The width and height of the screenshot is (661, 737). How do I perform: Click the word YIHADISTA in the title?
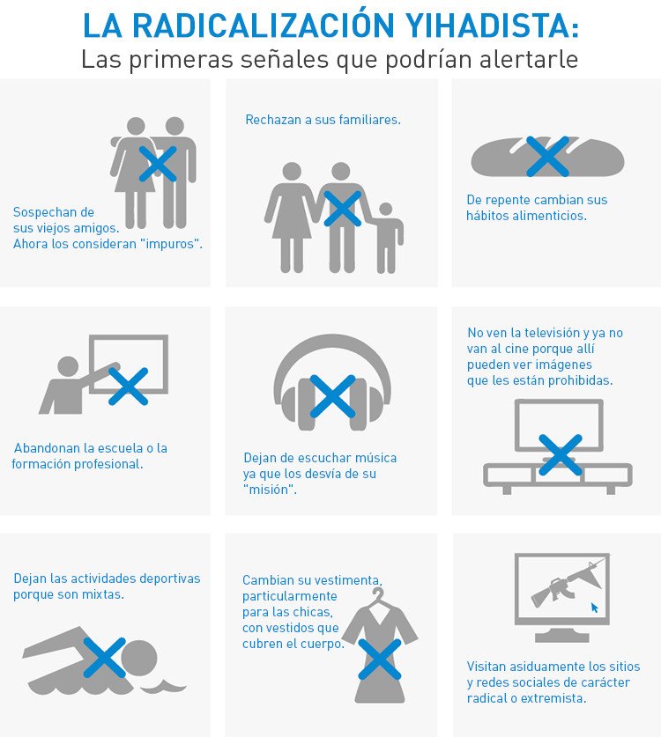492,26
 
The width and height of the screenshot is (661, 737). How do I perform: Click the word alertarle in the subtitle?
528,60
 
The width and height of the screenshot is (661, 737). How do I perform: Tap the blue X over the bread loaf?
547,157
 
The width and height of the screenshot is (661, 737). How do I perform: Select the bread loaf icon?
547,158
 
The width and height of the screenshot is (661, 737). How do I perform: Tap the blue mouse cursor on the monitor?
595,608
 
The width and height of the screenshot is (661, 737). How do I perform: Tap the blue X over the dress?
380,659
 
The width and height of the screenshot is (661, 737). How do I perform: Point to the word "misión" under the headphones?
270,490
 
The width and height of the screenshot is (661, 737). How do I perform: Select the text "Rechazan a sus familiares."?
323,120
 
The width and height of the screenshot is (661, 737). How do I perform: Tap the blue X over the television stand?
561,454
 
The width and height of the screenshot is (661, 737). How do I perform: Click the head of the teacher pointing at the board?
68,366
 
